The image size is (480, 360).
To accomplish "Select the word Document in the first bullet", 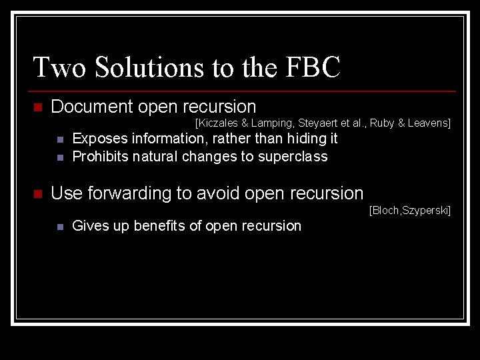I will (x=91, y=107).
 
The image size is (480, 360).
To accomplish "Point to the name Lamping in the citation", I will (x=273, y=123).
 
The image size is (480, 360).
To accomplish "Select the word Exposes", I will (x=100, y=139).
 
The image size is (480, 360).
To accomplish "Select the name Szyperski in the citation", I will (x=427, y=211).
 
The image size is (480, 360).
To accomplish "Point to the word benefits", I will (x=161, y=226).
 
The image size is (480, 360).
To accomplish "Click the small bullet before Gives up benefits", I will (x=59, y=227).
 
